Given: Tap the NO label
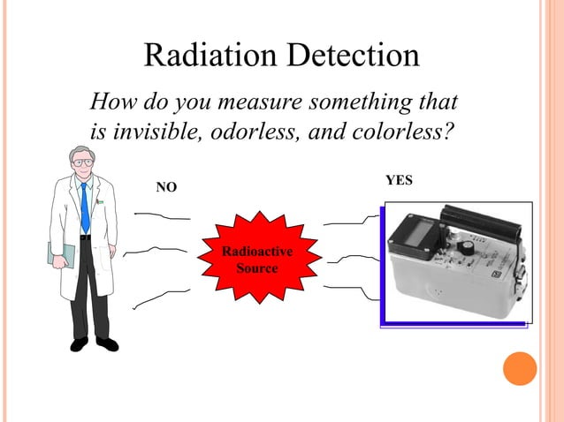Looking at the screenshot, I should tap(166, 187).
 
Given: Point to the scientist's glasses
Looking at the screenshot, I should tap(83, 163).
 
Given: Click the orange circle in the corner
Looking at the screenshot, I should tap(520, 368).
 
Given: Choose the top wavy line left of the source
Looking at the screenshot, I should tap(163, 215).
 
